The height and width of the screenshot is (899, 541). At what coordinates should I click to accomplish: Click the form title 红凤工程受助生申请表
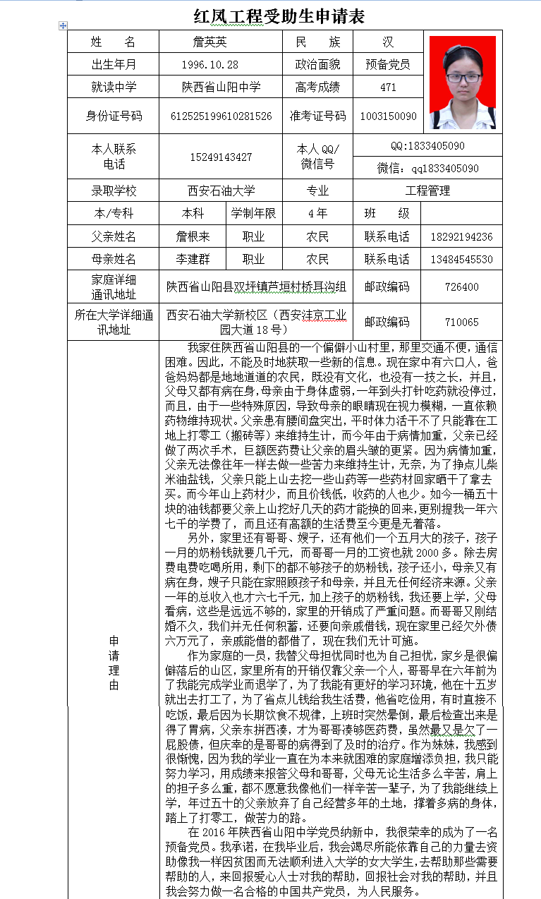tap(279, 16)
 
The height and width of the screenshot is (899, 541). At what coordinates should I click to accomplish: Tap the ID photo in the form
tap(463, 83)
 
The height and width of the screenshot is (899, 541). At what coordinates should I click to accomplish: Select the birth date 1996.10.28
tap(209, 65)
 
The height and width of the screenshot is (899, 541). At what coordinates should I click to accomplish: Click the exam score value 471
tap(388, 88)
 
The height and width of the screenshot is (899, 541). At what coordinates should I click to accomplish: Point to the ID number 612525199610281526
tap(221, 116)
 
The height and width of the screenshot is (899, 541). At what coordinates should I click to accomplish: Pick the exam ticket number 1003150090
tap(388, 116)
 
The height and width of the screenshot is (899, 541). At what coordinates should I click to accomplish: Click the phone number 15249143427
tap(221, 157)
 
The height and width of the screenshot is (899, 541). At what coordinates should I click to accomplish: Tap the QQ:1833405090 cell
tap(427, 146)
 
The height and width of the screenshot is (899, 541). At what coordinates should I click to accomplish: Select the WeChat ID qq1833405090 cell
tap(427, 169)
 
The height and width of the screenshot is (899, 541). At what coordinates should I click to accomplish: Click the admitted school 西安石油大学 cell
tap(221, 191)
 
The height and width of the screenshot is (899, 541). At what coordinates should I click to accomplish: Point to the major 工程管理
tap(427, 191)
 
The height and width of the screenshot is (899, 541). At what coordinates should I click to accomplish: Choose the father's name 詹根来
tap(193, 237)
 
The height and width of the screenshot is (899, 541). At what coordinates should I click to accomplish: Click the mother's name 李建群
tap(193, 260)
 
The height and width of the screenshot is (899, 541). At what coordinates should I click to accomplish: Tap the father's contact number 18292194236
tap(461, 237)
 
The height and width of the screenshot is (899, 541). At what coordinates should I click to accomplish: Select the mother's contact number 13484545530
tap(461, 260)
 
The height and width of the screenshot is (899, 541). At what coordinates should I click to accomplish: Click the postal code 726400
tap(461, 287)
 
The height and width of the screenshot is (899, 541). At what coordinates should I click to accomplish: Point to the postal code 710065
tap(461, 322)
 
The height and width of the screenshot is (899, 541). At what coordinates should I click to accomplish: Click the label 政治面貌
tap(317, 65)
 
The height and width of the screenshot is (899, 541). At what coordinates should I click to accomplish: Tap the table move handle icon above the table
tap(63, 25)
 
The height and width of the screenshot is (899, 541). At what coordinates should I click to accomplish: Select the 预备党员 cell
tap(388, 65)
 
